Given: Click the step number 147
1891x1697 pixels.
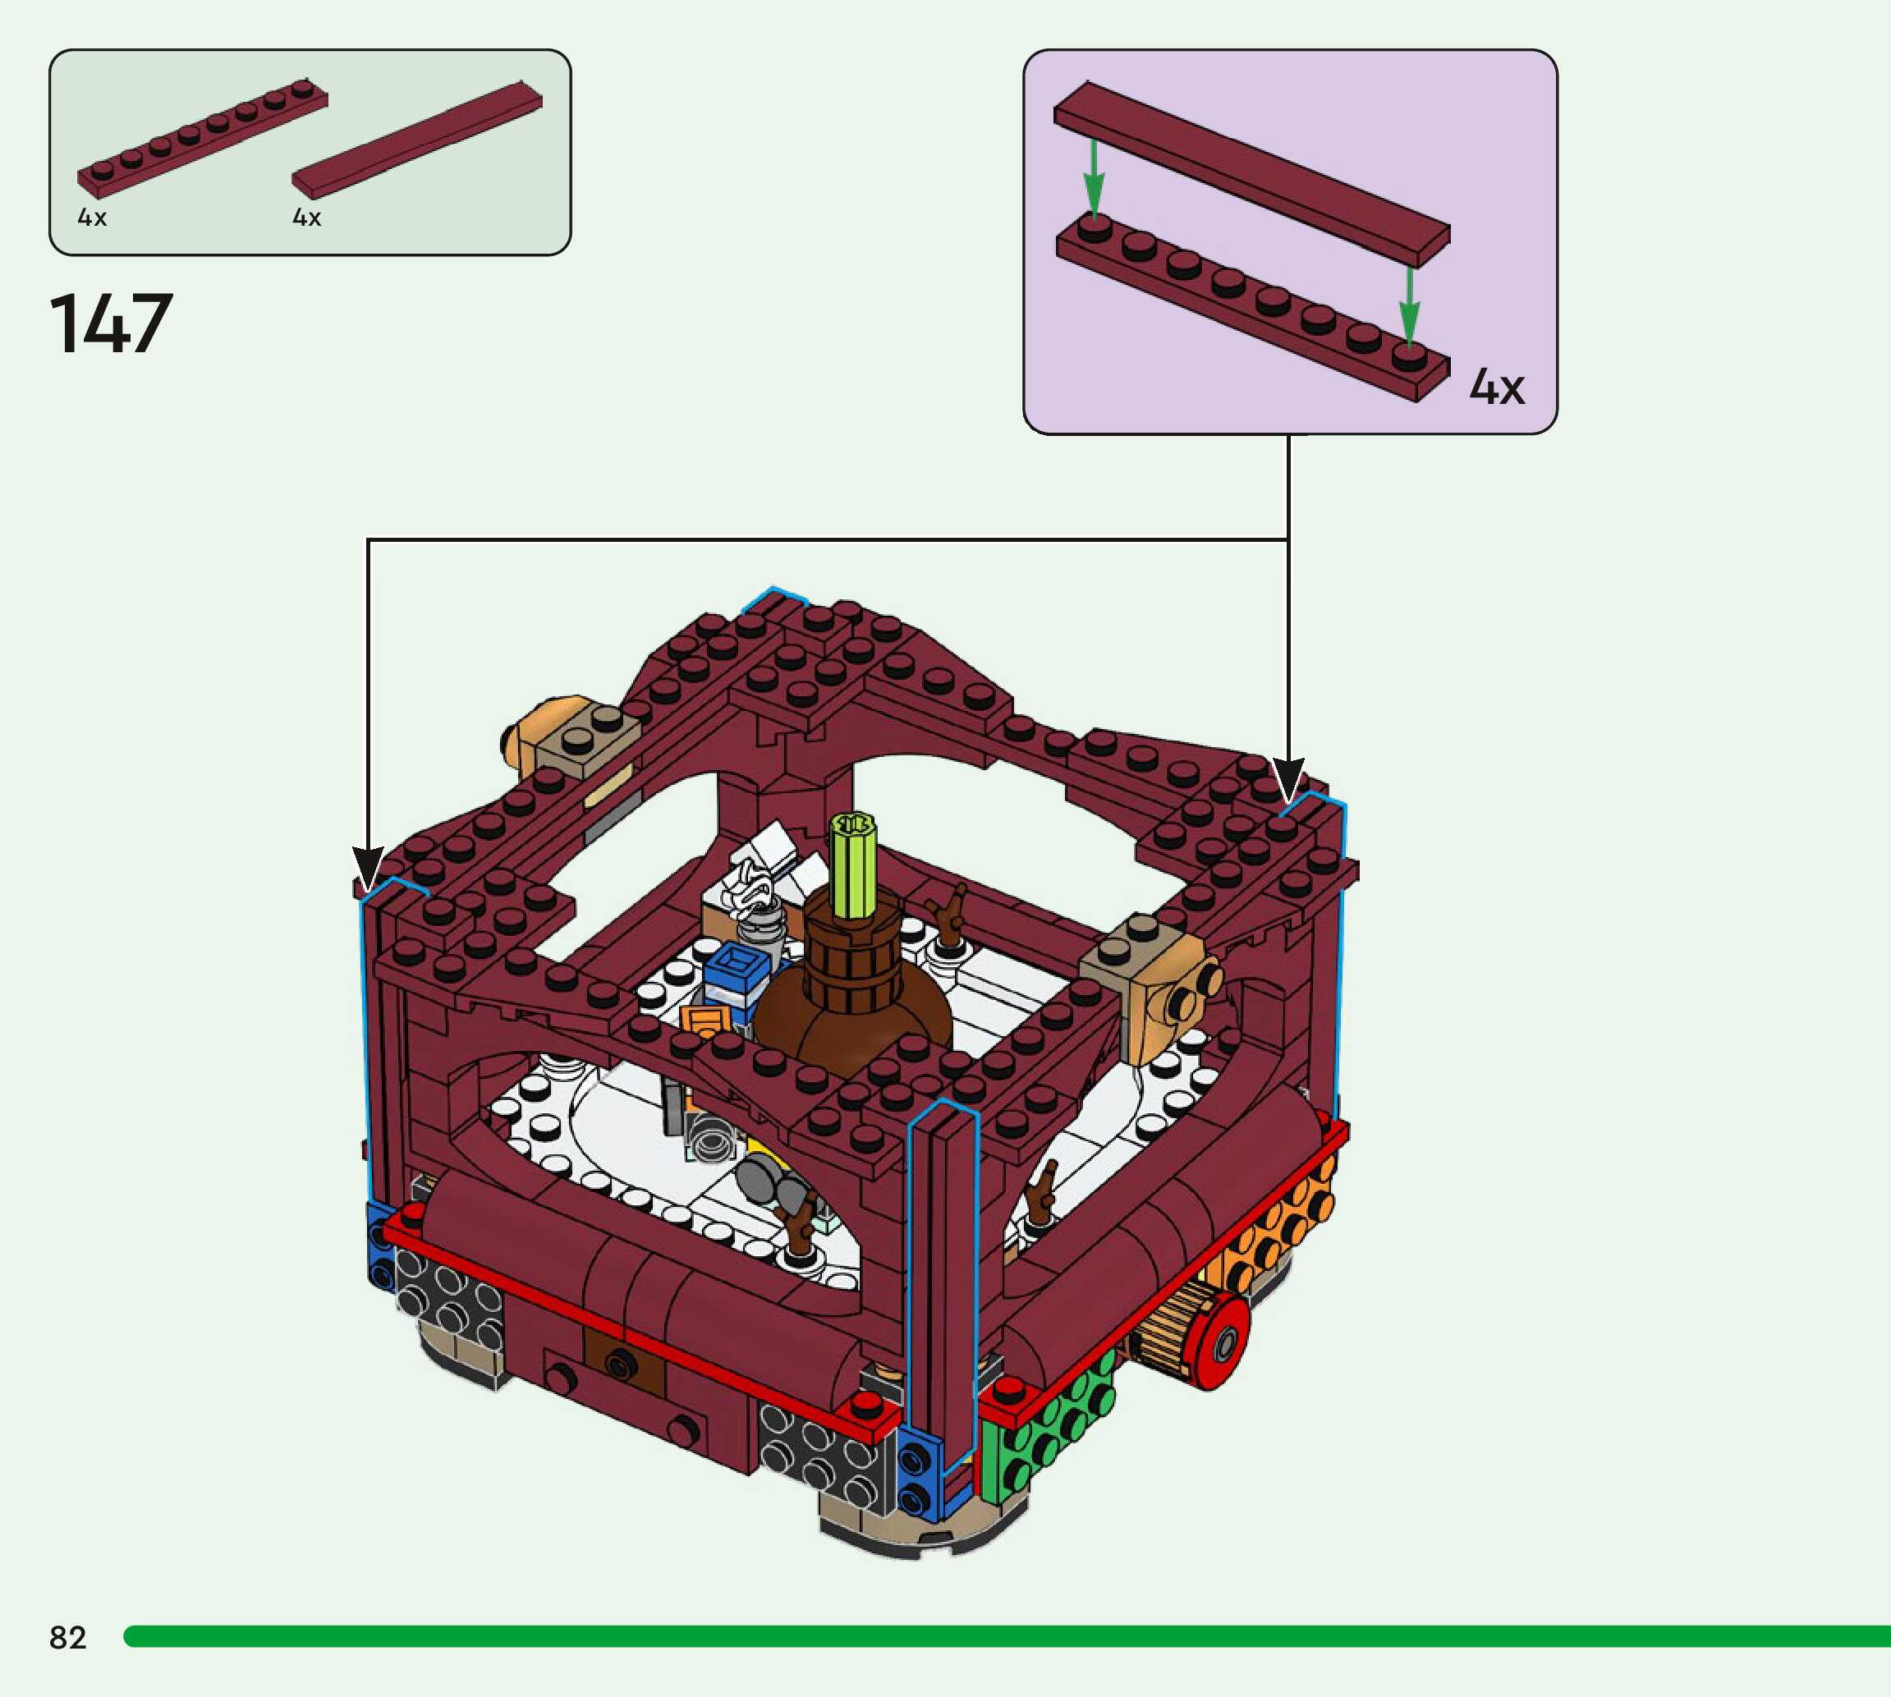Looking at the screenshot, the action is point(111,323).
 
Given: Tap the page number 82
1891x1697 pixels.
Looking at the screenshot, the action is point(68,1637).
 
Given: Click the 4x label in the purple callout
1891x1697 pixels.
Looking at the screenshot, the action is point(1498,386).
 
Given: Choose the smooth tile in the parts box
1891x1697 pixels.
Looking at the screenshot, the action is point(417,140).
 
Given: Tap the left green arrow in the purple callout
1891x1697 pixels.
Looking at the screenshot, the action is point(1094,178).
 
